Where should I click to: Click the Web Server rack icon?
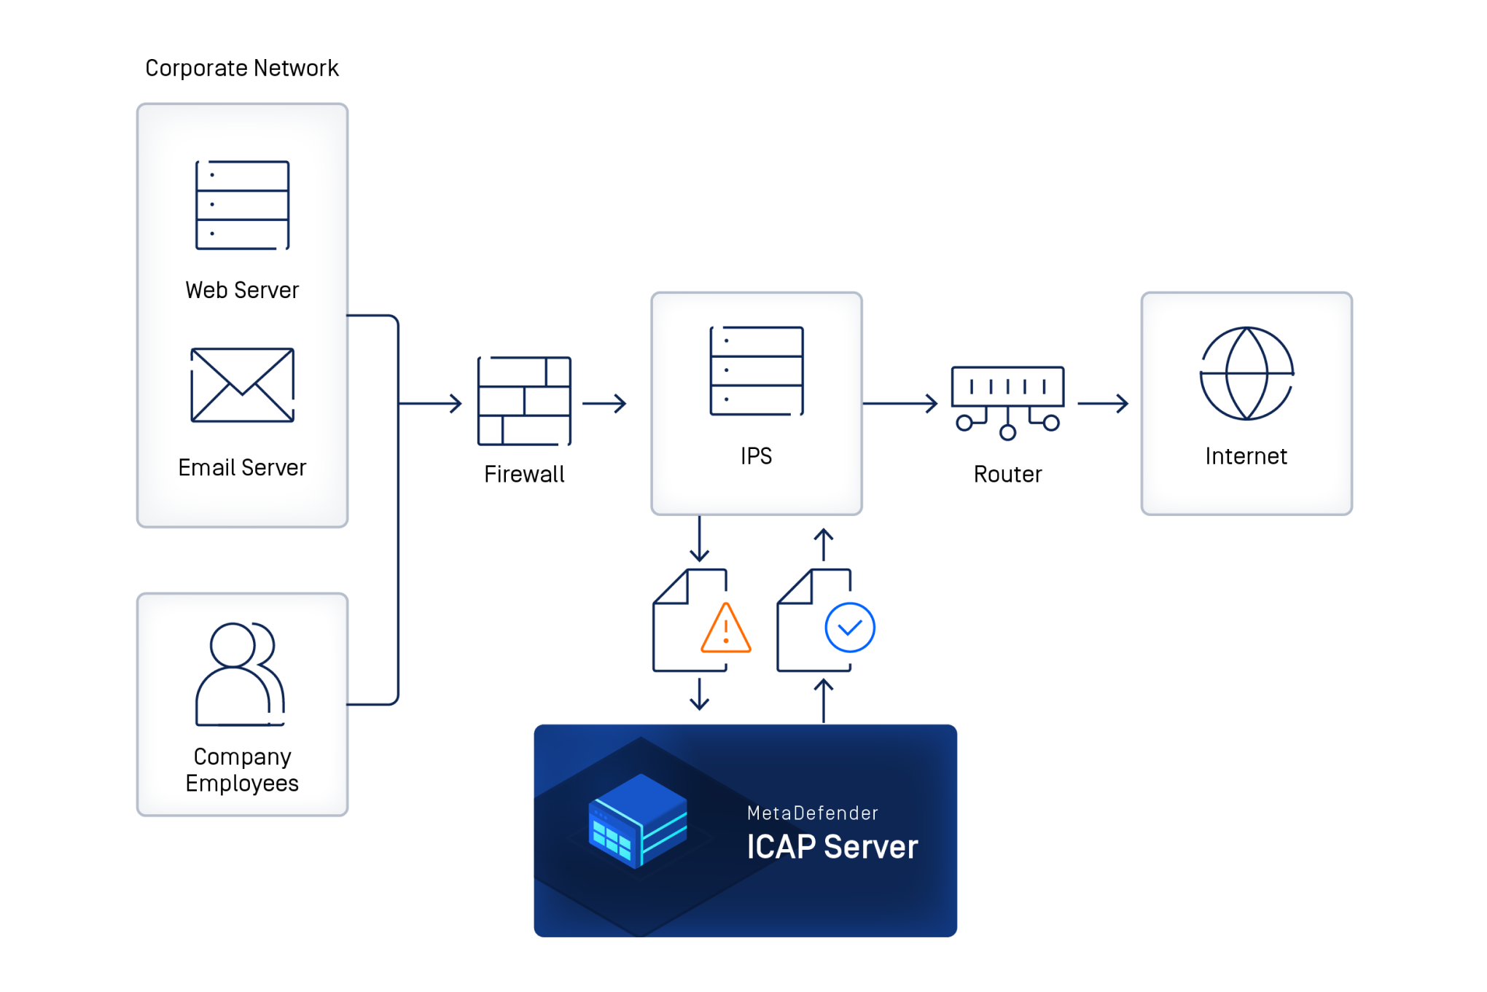coord(242,205)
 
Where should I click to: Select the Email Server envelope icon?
coord(242,385)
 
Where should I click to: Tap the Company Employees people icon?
coord(240,673)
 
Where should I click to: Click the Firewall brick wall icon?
coord(524,401)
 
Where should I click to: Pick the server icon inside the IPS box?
coord(757,371)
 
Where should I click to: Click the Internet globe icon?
coord(1246,373)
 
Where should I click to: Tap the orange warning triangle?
coord(725,629)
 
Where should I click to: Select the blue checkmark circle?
coord(849,628)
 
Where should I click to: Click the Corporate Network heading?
coord(242,68)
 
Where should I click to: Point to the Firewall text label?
coord(524,474)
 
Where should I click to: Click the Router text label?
coord(1007,474)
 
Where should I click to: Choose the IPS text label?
coord(756,456)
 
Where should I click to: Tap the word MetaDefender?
coord(812,813)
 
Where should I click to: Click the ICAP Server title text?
coord(832,847)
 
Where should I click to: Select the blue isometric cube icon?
coord(638,821)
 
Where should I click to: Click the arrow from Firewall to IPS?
coord(604,403)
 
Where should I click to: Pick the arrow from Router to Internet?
coord(1102,403)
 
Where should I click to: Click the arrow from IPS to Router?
coord(899,403)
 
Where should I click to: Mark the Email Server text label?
coord(242,467)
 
